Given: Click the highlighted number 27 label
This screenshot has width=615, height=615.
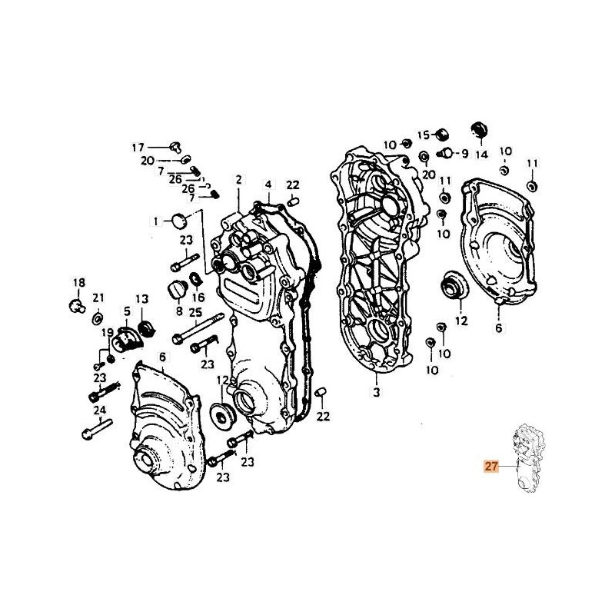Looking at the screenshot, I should coord(490,465).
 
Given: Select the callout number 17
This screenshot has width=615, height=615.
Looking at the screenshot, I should coord(138,147).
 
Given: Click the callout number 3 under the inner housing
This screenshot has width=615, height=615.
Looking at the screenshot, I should coord(377,393).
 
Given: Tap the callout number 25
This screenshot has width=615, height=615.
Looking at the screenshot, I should coord(195,312).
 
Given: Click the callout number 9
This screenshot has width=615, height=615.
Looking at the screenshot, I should coord(464,153).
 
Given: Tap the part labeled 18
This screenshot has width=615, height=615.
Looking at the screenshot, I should coord(76,305).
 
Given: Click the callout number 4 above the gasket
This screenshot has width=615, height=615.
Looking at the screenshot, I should coord(269,184).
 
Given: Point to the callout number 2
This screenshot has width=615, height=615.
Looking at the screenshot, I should coord(238,179).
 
